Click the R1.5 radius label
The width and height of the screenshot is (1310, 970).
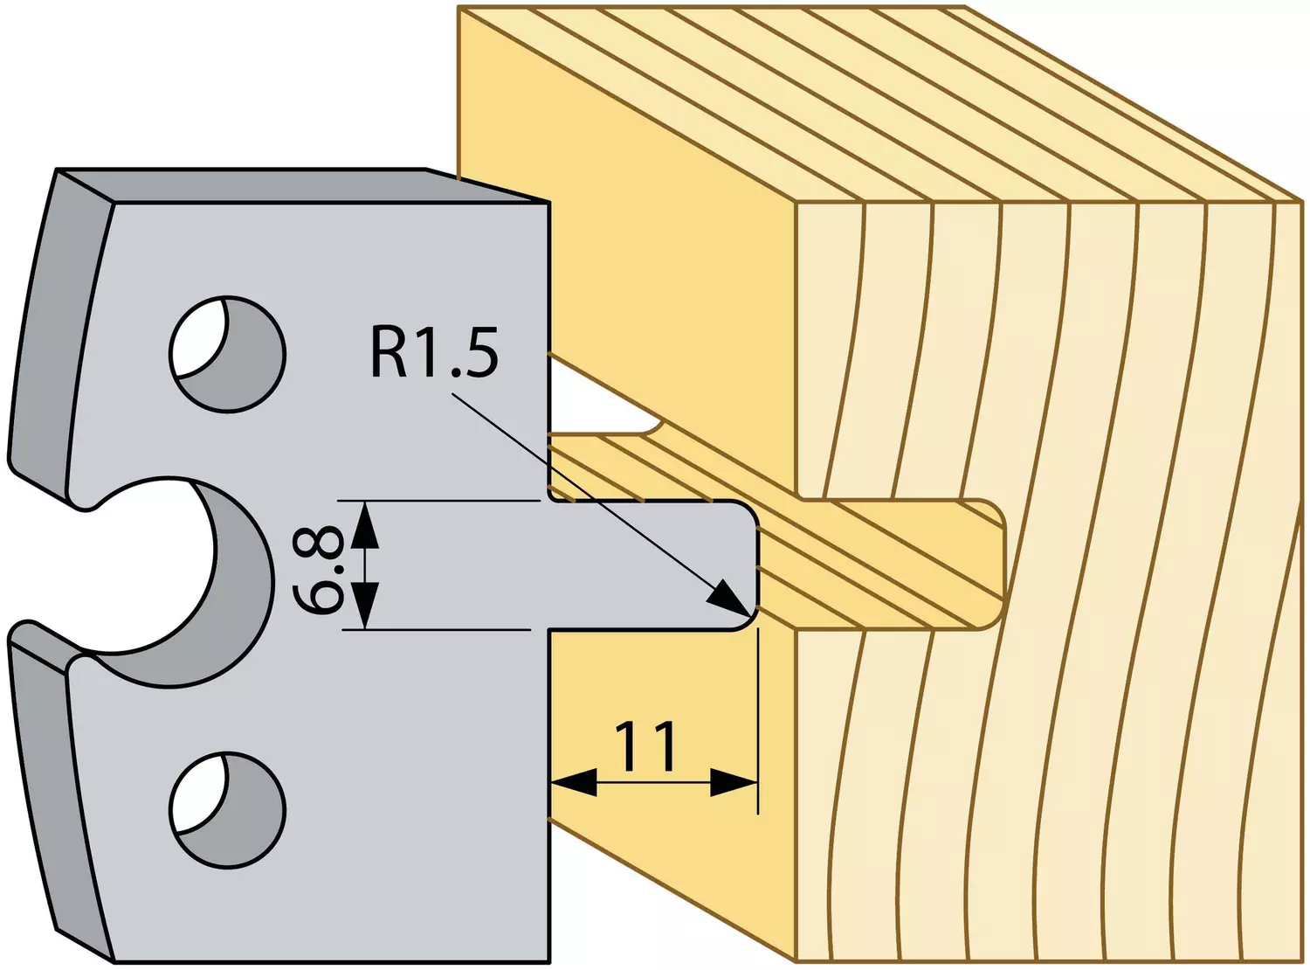pyautogui.click(x=435, y=353)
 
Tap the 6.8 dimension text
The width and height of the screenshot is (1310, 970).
pyautogui.click(x=317, y=565)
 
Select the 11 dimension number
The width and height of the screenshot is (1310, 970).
pyautogui.click(x=645, y=747)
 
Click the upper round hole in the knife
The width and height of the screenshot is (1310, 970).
pyautogui.click(x=227, y=354)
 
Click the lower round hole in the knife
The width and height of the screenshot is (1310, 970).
pyautogui.click(x=227, y=810)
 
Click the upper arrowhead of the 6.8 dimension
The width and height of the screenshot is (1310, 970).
pyautogui.click(x=366, y=523)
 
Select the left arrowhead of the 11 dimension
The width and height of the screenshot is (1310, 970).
pyautogui.click(x=573, y=783)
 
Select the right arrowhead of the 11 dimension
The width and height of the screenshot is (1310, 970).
pyautogui.click(x=734, y=783)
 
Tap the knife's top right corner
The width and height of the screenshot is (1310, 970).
pyautogui.click(x=549, y=203)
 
